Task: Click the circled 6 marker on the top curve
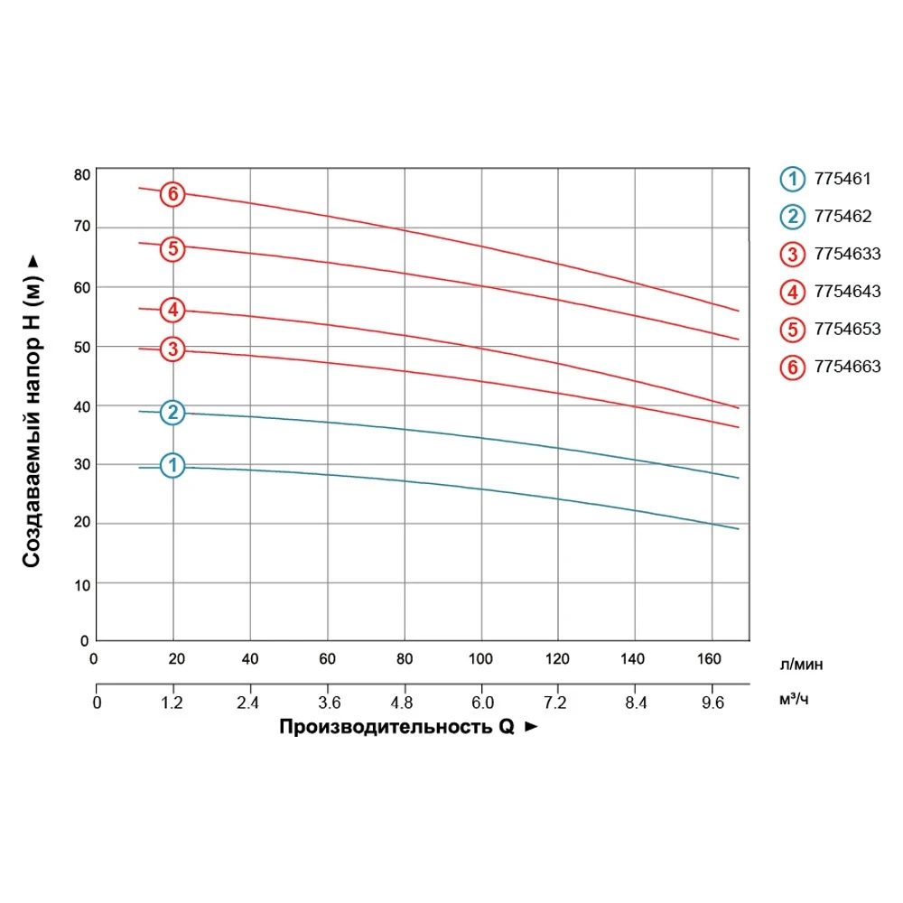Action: click(x=172, y=194)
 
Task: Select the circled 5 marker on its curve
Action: click(x=172, y=247)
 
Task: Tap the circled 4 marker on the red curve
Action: click(x=172, y=311)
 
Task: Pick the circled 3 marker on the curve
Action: click(x=172, y=349)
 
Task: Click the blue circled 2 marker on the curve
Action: click(x=172, y=413)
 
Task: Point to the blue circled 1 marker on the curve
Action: click(x=172, y=465)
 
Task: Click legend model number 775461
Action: click(x=842, y=179)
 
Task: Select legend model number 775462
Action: click(x=842, y=217)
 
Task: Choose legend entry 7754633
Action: click(x=846, y=254)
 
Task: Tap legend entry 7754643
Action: click(x=846, y=292)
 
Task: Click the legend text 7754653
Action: click(x=846, y=329)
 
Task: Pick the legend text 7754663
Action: click(x=846, y=367)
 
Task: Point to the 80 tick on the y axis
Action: click(x=82, y=174)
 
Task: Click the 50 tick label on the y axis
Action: click(x=82, y=347)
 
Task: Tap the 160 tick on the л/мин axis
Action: click(x=712, y=658)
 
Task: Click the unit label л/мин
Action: click(x=801, y=666)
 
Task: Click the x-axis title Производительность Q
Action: click(x=397, y=727)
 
